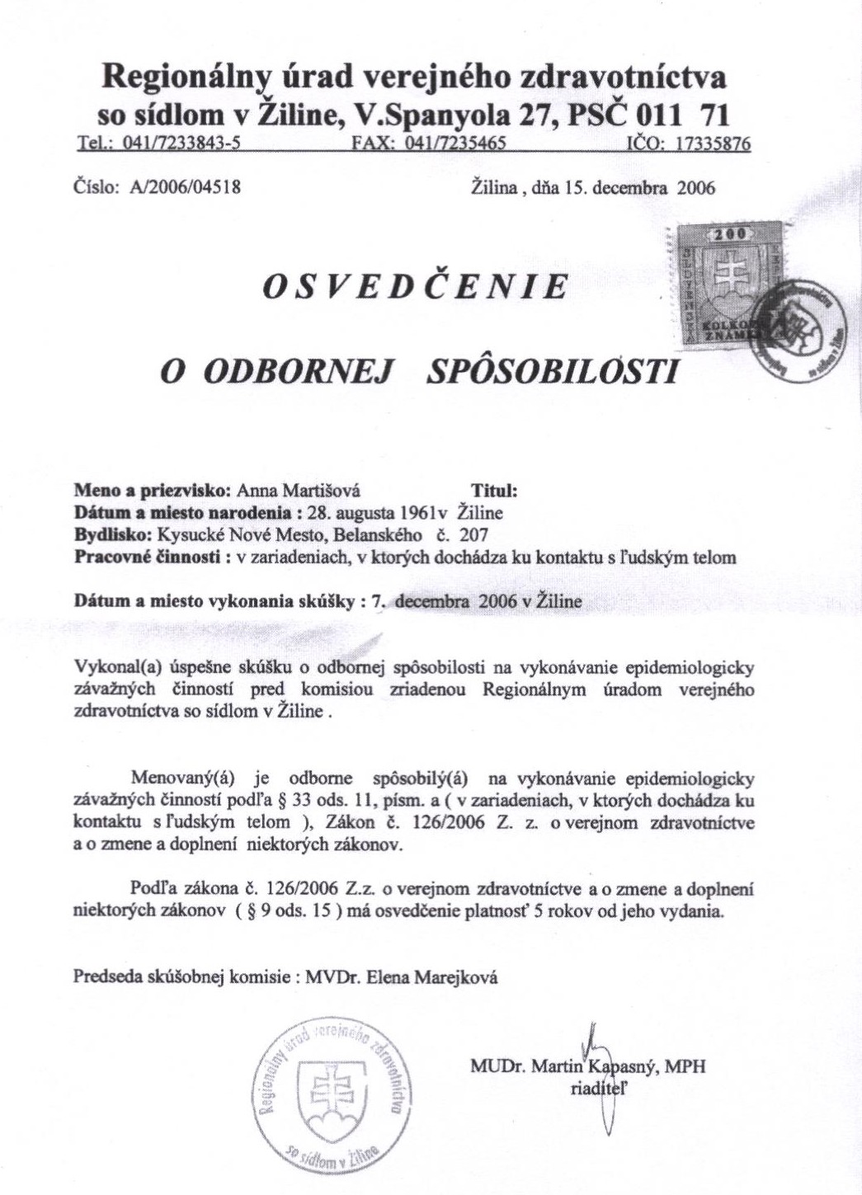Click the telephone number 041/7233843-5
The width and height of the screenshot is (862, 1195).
[x=181, y=143]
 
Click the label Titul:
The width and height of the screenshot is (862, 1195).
[x=492, y=489]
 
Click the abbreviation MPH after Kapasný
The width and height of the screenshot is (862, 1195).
[x=685, y=1066]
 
